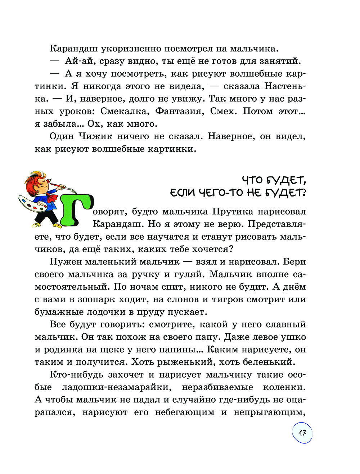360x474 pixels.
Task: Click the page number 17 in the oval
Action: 302,433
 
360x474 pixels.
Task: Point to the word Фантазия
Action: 178,111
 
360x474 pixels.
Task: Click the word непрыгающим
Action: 269,412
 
